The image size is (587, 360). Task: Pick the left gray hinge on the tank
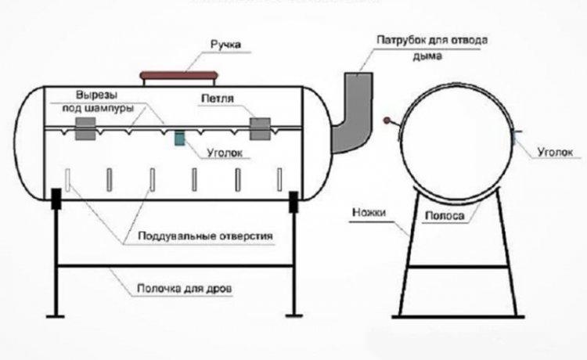(x=85, y=129)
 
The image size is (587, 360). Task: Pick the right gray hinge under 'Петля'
(x=260, y=129)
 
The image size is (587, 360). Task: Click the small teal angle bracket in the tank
(x=179, y=139)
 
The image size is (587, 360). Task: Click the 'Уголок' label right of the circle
(x=557, y=153)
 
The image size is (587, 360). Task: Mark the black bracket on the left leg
(x=57, y=200)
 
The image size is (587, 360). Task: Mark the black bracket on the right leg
(x=294, y=201)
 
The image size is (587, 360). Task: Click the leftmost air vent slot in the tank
(x=69, y=181)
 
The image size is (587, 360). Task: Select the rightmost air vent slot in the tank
(x=275, y=181)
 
